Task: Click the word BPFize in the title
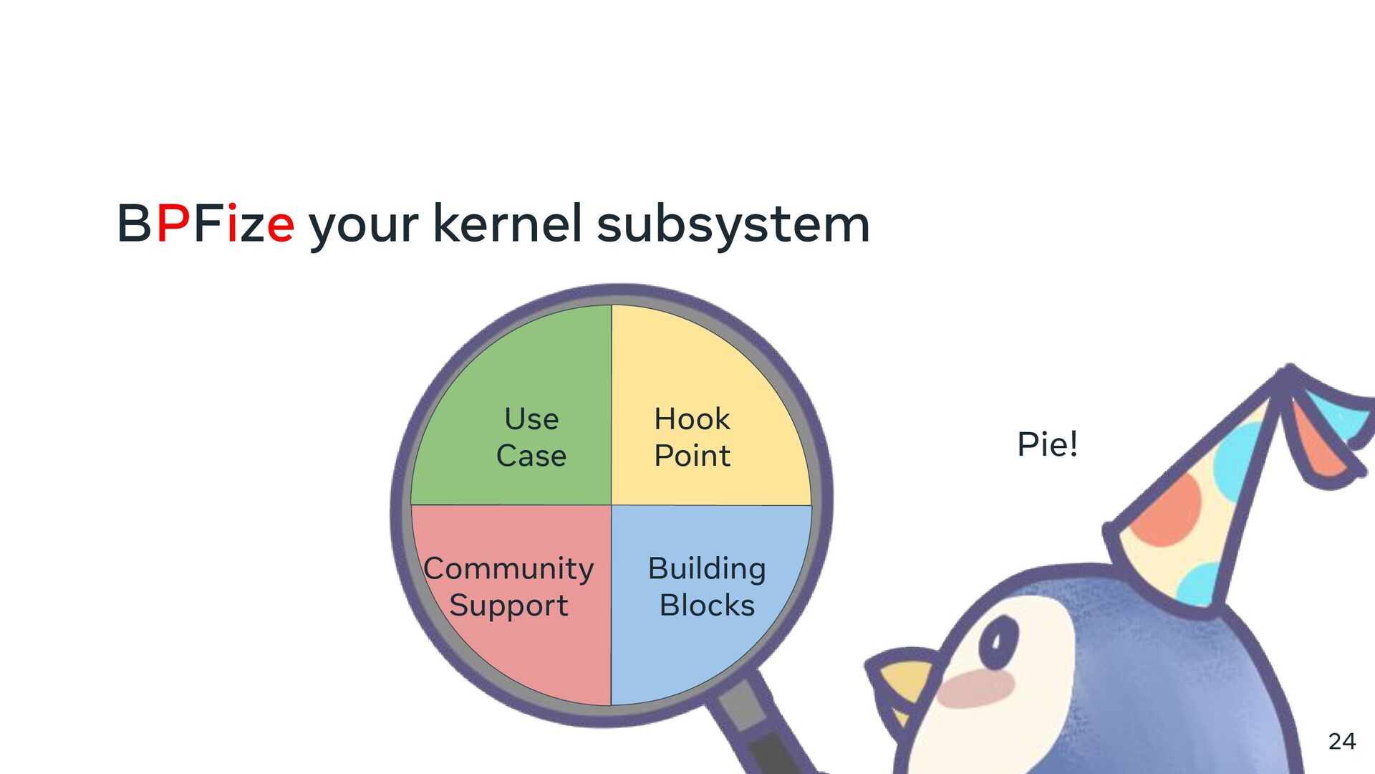(206, 224)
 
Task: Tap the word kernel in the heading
(507, 224)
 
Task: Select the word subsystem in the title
(733, 226)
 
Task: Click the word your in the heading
(363, 228)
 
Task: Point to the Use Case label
(531, 437)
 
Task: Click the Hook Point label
(692, 437)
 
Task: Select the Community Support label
(508, 587)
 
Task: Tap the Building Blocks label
(707, 587)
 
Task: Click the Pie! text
(1047, 444)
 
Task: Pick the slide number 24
(1341, 741)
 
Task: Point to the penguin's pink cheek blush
(975, 688)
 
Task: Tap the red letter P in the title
(173, 224)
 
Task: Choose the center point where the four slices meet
(612, 505)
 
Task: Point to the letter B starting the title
(134, 224)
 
